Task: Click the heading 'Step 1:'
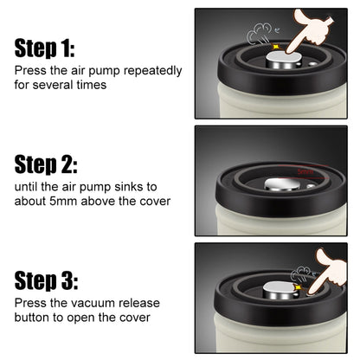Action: tap(45, 48)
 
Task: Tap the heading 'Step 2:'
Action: tap(46, 164)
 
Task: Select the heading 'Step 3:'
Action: tap(46, 280)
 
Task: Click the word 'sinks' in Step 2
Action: tap(136, 187)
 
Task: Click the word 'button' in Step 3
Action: tap(32, 318)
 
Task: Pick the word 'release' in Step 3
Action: tap(139, 303)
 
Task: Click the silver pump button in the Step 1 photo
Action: tap(283, 60)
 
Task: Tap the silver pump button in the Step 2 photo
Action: tap(282, 184)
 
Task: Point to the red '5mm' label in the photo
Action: tap(305, 172)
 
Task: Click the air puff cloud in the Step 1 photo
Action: tap(260, 34)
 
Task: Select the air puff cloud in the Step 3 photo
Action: tap(301, 274)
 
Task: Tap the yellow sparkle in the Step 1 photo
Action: tap(275, 47)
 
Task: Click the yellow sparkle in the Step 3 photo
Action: tap(297, 287)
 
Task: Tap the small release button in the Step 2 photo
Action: tap(311, 186)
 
